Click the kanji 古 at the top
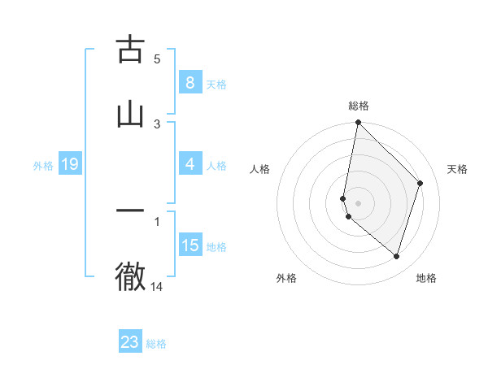pos(130,50)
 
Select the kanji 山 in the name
pos(130,115)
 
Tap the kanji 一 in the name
pos(130,211)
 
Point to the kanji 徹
pos(130,276)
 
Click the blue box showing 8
pos(190,83)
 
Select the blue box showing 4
pos(190,164)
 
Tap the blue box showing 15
pos(190,245)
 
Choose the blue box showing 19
pos(69,164)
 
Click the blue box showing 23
pos(130,342)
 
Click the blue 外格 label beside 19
pos(43,165)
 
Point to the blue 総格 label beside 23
pos(156,344)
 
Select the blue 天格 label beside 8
pos(216,84)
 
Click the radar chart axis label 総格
pos(359,106)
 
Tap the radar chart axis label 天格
pos(457,169)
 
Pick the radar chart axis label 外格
pos(286,278)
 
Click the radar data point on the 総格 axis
pos(358,123)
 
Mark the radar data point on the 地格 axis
pos(396,256)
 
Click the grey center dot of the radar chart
pos(358,202)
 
